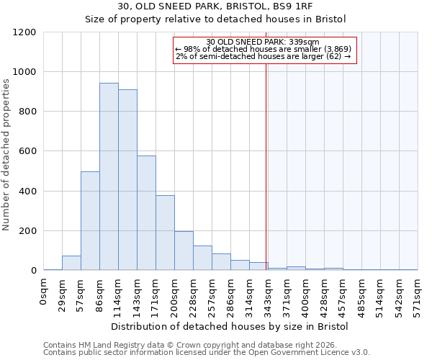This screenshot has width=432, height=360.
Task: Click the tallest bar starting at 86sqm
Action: click(109, 176)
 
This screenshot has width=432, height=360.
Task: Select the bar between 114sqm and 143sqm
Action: click(127, 180)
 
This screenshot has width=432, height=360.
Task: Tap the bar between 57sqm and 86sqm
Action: click(90, 221)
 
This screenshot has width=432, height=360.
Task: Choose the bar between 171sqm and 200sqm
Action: click(165, 233)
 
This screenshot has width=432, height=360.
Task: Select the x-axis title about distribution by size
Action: click(230, 326)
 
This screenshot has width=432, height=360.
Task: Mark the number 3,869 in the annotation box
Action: click(333, 49)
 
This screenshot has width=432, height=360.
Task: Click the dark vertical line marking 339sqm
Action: click(266, 166)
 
